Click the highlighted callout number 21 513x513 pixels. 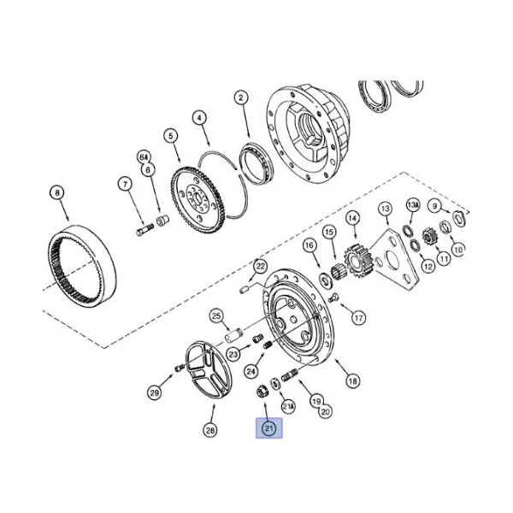click(268, 428)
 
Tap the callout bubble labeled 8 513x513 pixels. click(57, 193)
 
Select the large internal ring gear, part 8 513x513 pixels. click(82, 265)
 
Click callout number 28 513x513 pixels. click(210, 430)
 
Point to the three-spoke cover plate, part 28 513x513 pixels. click(208, 369)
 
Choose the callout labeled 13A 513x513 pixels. click(413, 205)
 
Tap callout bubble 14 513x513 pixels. click(352, 218)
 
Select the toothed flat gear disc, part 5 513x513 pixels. click(198, 199)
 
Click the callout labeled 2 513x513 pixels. click(241, 97)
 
